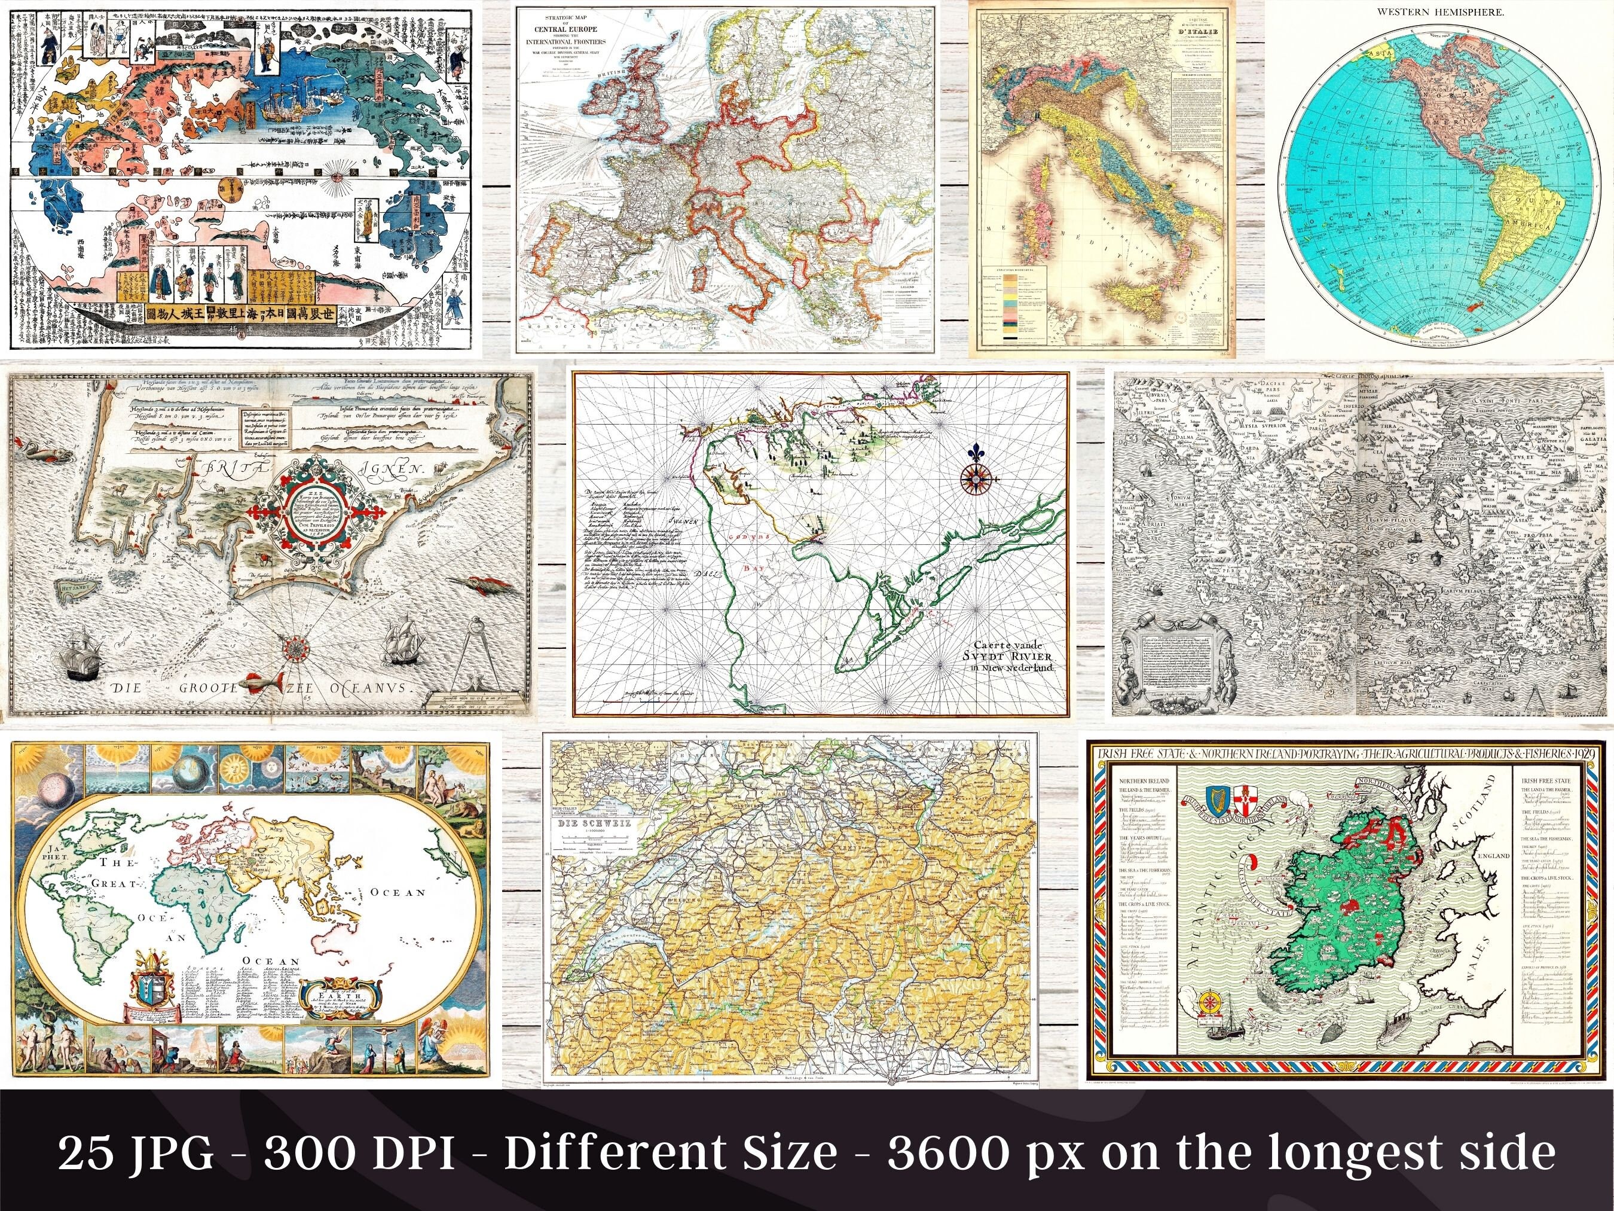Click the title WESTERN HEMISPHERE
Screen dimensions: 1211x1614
point(1445,13)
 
